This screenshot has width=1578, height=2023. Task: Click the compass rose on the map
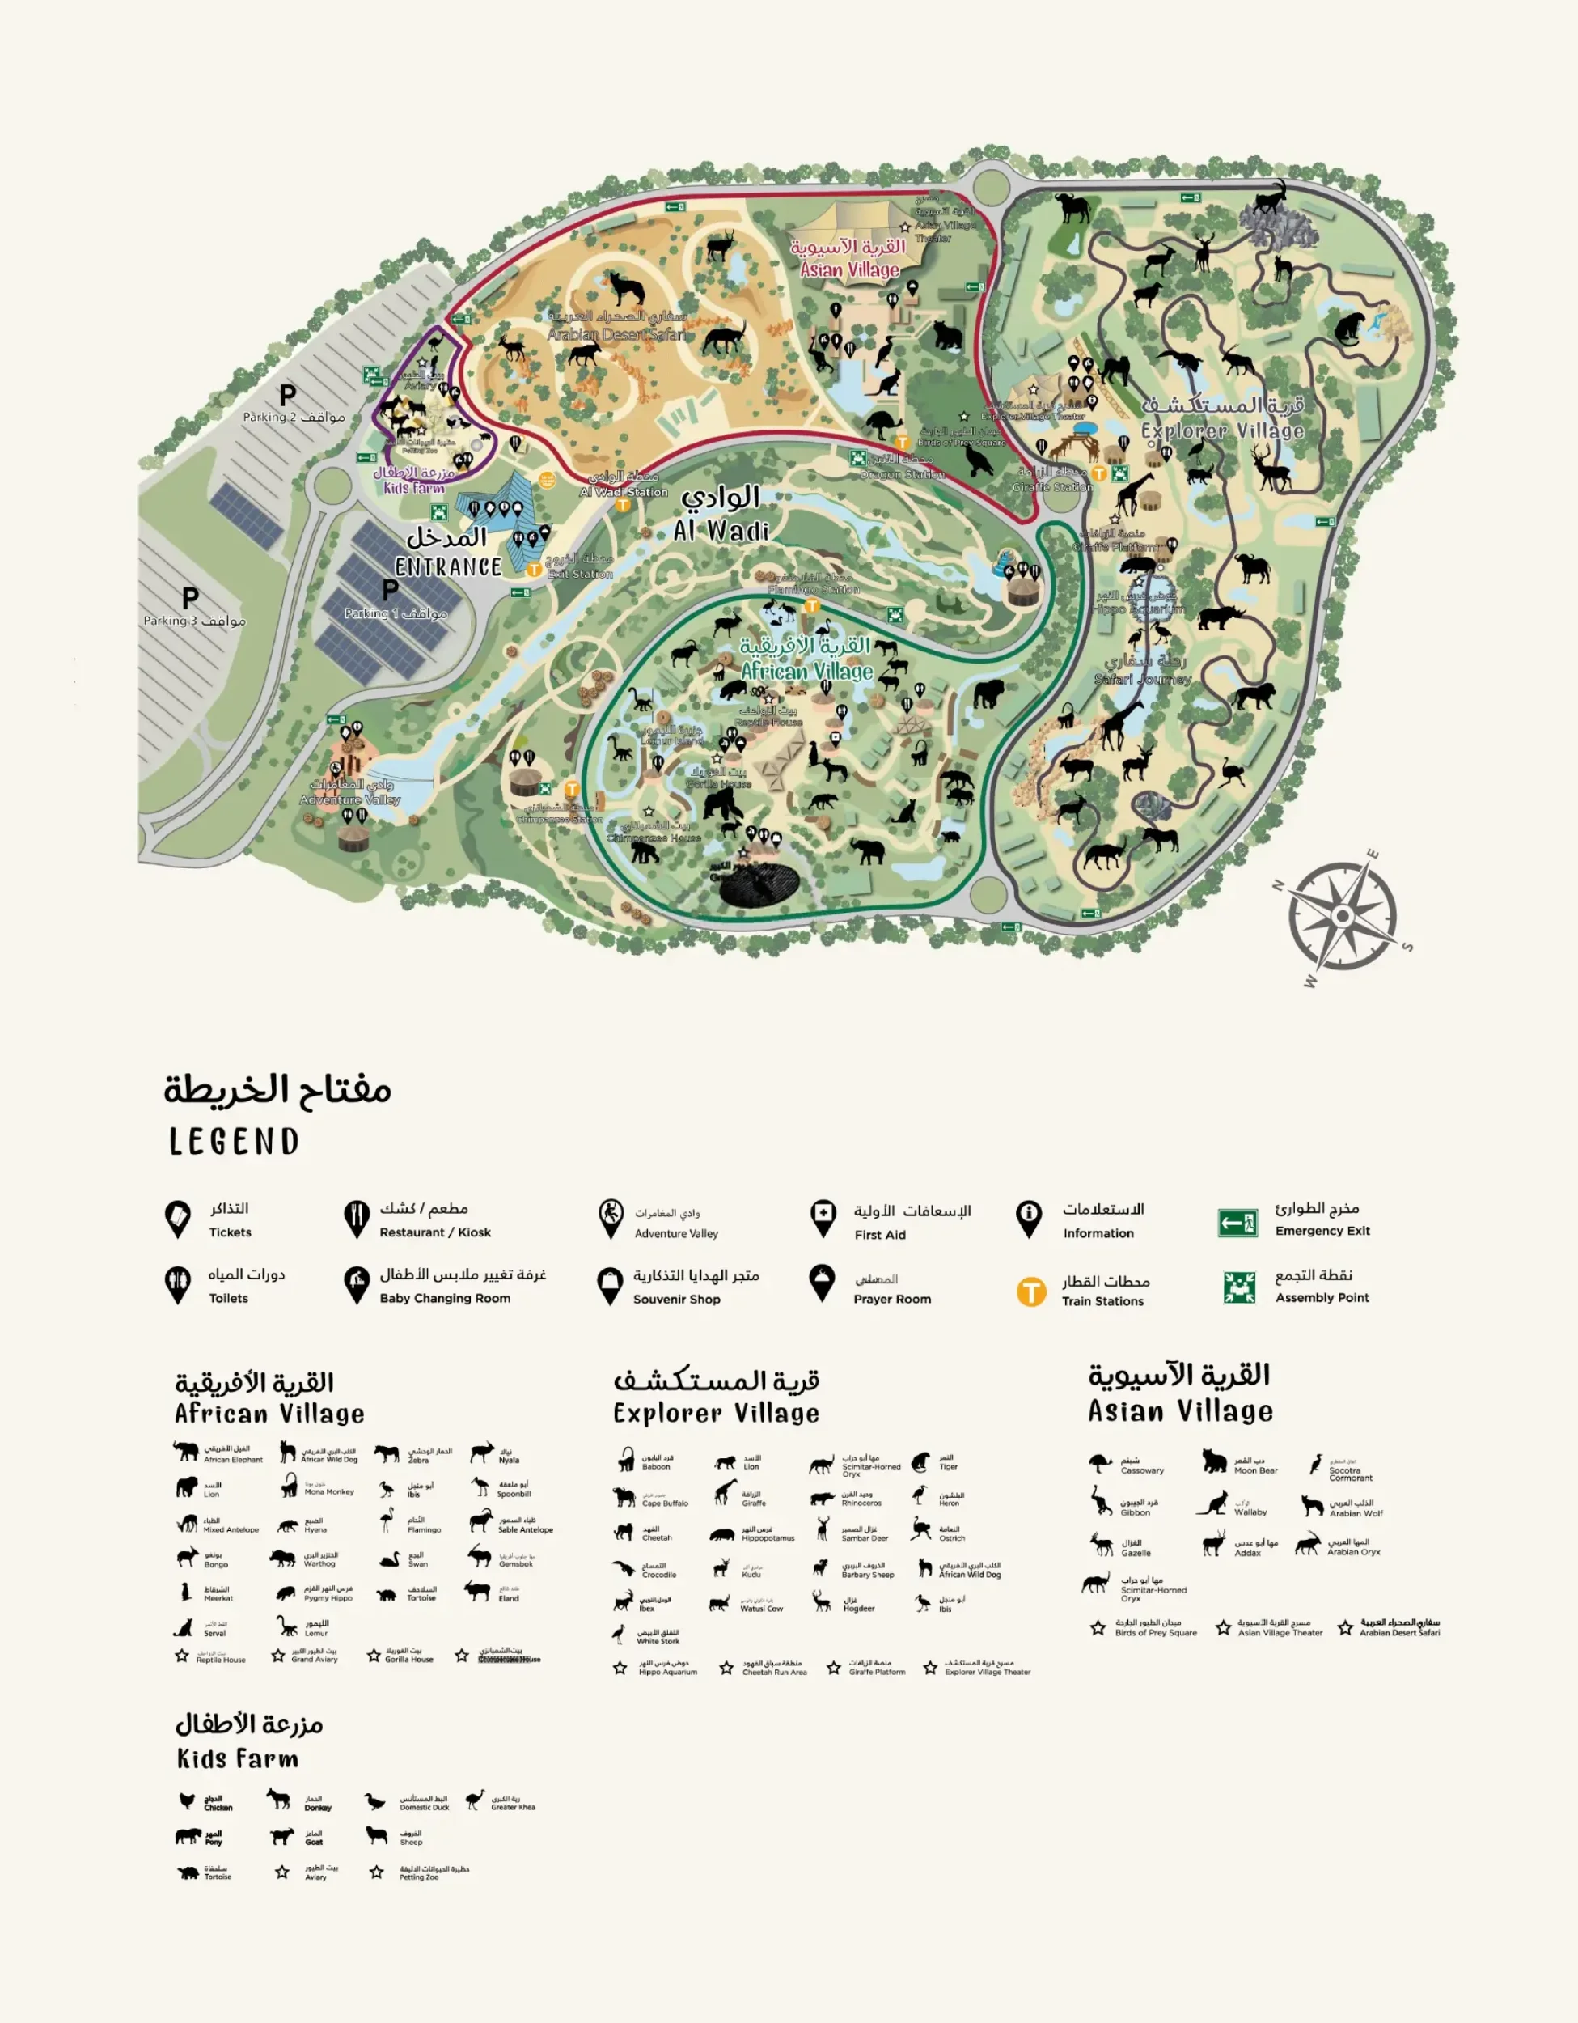pyautogui.click(x=1342, y=916)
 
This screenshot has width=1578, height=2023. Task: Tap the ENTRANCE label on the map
pyautogui.click(x=448, y=566)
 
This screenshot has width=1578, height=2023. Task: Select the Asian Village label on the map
pyautogui.click(x=849, y=269)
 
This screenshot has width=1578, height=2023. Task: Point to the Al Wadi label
pyautogui.click(x=721, y=530)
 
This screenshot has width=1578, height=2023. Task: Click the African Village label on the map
pyautogui.click(x=806, y=671)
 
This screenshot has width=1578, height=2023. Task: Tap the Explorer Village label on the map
pyautogui.click(x=1222, y=430)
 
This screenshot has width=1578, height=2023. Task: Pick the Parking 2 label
pyautogui.click(x=294, y=417)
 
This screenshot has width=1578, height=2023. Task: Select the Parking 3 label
pyautogui.click(x=194, y=620)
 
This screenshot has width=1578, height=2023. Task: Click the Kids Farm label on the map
pyautogui.click(x=414, y=487)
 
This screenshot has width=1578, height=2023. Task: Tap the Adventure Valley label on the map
pyautogui.click(x=350, y=799)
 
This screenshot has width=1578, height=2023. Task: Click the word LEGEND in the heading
pyautogui.click(x=235, y=1141)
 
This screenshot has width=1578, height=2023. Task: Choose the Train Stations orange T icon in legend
pyautogui.click(x=1030, y=1291)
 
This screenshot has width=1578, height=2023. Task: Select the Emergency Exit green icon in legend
pyautogui.click(x=1237, y=1223)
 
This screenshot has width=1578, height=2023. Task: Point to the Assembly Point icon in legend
pyautogui.click(x=1239, y=1287)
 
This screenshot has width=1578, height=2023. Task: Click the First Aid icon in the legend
pyautogui.click(x=823, y=1218)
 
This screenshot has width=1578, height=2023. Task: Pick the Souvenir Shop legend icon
pyautogui.click(x=609, y=1286)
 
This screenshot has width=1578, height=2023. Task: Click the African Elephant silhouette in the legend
pyautogui.click(x=185, y=1451)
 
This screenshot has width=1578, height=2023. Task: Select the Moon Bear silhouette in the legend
pyautogui.click(x=1214, y=1461)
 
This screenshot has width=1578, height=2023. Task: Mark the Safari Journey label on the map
pyautogui.click(x=1143, y=678)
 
